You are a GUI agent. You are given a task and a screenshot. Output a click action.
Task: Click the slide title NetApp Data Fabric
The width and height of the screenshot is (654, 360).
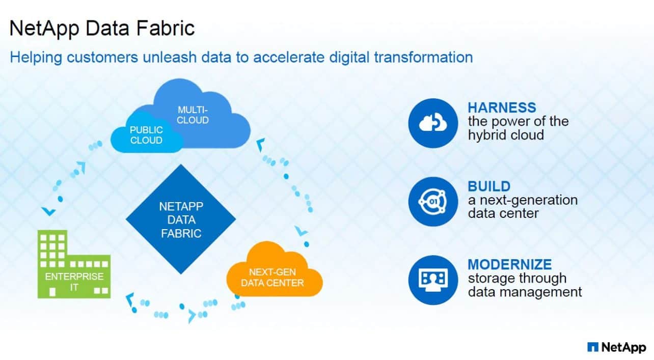[102, 28]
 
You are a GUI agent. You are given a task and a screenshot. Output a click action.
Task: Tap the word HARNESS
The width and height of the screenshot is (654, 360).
[502, 107]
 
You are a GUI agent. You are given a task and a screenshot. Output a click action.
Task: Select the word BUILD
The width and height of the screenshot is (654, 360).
[489, 186]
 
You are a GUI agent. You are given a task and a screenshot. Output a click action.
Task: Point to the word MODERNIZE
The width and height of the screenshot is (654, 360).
[509, 264]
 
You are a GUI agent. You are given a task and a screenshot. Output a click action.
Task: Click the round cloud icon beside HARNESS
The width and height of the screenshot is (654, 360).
[433, 123]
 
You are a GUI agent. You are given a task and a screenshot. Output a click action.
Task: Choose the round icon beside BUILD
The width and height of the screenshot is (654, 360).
[433, 202]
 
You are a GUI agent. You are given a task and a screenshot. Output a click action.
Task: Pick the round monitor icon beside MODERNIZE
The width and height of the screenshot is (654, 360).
[433, 280]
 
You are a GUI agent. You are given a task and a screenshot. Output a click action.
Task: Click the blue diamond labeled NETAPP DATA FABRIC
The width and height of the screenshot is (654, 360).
[181, 219]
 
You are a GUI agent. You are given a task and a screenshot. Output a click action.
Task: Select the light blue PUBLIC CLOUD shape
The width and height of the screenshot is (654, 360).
[145, 135]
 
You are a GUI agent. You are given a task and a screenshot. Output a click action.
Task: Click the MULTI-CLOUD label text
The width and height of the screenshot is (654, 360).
[193, 115]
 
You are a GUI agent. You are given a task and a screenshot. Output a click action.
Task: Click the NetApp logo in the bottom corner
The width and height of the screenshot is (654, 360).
[616, 347]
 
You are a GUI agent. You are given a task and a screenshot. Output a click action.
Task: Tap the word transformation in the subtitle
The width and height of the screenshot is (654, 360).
[423, 57]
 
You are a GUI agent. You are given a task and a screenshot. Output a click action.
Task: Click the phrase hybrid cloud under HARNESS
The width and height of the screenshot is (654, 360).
[506, 134]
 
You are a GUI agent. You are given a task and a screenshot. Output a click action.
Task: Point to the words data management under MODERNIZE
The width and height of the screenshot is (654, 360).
[525, 292]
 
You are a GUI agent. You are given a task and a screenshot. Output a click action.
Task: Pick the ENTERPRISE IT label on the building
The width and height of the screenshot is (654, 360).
[74, 282]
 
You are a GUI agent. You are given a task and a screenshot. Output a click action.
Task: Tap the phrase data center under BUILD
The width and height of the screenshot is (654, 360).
[503, 213]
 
